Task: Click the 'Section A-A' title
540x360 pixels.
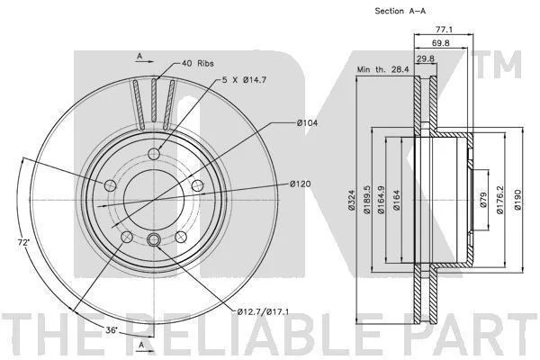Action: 400,11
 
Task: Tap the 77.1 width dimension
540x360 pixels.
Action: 444,30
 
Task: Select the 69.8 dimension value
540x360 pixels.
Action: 441,43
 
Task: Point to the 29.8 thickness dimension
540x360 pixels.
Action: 426,58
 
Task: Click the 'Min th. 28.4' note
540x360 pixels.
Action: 383,69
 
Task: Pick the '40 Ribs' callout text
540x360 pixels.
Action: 198,63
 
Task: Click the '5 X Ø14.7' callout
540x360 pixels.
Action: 244,80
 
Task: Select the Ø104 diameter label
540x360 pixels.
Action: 308,122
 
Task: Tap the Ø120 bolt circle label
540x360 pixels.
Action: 300,184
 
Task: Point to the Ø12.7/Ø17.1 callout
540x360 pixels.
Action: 263,312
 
